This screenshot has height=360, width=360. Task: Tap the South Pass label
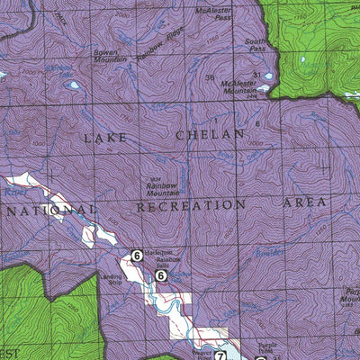pos(256,46)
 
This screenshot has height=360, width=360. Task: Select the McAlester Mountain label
pos(254,85)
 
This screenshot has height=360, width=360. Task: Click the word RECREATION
pos(190,206)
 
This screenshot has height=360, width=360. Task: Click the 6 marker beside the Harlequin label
pos(137,256)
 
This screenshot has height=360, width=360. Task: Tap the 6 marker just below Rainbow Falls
pos(161,274)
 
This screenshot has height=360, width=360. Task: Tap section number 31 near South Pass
pos(256,74)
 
